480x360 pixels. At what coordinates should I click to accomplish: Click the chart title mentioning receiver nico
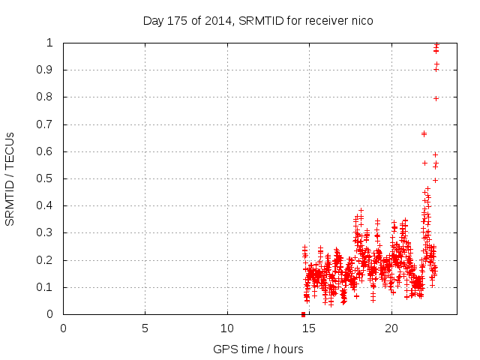pyautogui.click(x=258, y=20)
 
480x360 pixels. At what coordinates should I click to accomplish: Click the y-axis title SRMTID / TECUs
pyautogui.click(x=10, y=178)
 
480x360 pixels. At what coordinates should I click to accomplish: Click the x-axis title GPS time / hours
pyautogui.click(x=258, y=349)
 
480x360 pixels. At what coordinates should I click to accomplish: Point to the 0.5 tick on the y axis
pyautogui.click(x=49, y=178)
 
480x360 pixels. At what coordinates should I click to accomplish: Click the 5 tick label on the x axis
pyautogui.click(x=145, y=328)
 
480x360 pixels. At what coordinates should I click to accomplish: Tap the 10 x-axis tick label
pyautogui.click(x=227, y=328)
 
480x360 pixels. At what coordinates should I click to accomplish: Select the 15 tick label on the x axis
pyautogui.click(x=309, y=328)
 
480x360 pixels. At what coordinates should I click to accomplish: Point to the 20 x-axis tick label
pyautogui.click(x=391, y=328)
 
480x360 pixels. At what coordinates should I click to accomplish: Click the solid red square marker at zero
pyautogui.click(x=303, y=314)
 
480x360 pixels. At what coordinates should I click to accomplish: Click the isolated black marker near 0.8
pyautogui.click(x=436, y=98)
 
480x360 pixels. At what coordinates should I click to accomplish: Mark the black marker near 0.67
pyautogui.click(x=424, y=133)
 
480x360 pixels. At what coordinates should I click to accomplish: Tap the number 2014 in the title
pyautogui.click(x=223, y=20)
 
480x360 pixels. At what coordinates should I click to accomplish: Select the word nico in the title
pyautogui.click(x=361, y=20)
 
